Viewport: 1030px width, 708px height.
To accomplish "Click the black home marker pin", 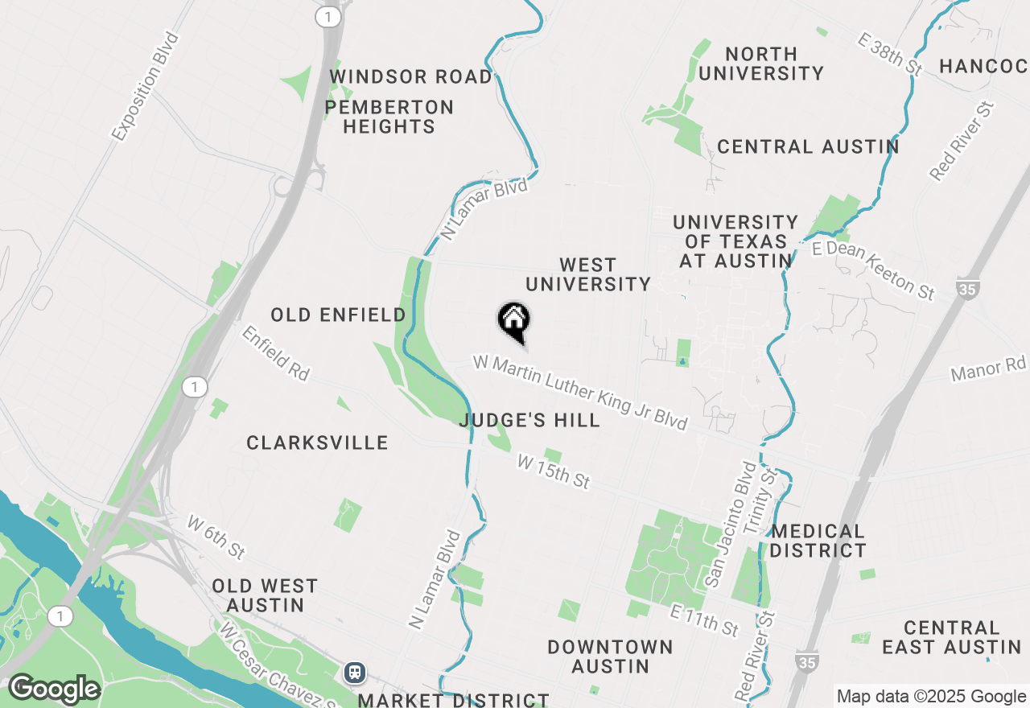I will point(513,321).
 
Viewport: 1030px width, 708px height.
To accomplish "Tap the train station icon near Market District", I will point(354,672).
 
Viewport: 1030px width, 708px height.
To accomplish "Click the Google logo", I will point(53,689).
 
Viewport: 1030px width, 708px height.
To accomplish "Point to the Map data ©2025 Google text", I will point(931,697).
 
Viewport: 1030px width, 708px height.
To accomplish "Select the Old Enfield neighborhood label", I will point(338,315).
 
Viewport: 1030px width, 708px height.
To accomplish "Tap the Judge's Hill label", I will point(529,420).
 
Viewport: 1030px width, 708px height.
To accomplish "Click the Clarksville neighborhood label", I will point(317,442).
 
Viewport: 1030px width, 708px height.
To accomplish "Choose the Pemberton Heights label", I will point(389,117).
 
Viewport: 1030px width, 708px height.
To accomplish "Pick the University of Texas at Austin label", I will point(735,241).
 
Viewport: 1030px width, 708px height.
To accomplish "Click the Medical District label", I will point(818,541).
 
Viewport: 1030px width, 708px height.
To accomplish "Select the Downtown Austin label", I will point(610,657).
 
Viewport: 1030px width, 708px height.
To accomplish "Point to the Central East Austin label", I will point(951,637).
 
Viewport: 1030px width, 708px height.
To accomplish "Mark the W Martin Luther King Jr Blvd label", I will point(580,392).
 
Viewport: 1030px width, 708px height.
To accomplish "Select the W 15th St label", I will point(554,471).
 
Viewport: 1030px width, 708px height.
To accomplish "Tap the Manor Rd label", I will point(989,369).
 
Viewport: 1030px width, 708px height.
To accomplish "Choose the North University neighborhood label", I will point(760,64).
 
